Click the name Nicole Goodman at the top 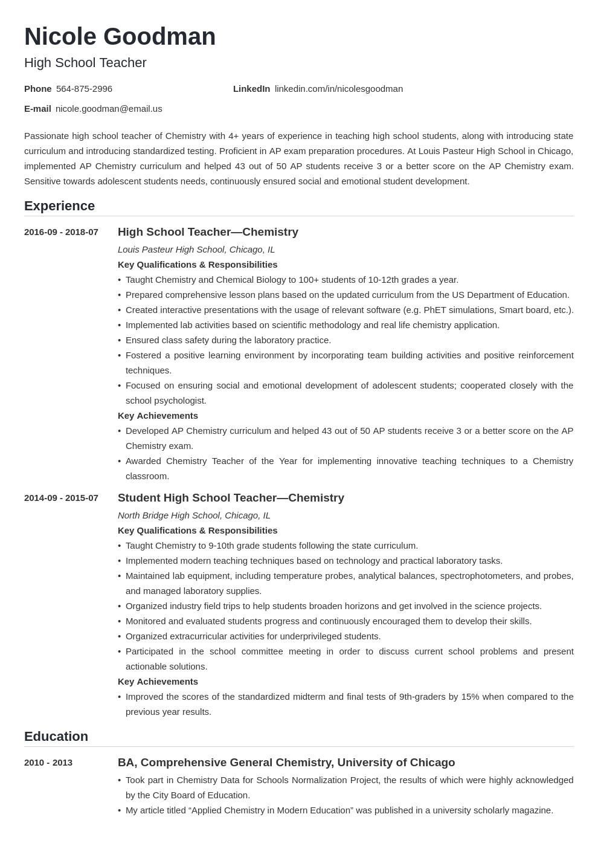click(120, 37)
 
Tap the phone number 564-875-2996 click(84, 89)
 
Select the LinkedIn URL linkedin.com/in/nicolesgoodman click(338, 89)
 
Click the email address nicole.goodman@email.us click(109, 109)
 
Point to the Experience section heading click(59, 206)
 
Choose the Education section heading click(56, 737)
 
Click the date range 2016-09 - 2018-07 click(61, 232)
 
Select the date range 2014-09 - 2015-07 click(61, 498)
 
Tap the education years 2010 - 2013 click(48, 763)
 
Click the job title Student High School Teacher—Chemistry click(231, 498)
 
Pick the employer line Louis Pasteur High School click(196, 250)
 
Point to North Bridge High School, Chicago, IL click(194, 515)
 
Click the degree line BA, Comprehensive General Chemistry click(286, 763)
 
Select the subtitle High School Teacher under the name click(85, 63)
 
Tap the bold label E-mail click(37, 109)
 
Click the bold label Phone click(37, 89)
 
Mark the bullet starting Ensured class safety click(228, 340)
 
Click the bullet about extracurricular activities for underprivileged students click(252, 636)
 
